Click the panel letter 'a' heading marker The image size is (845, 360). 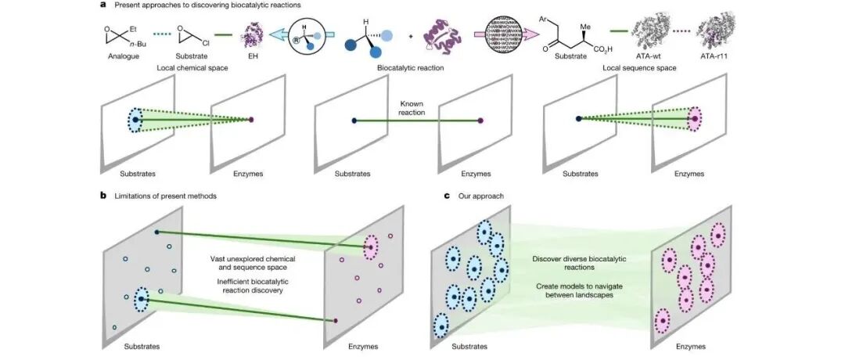click(x=102, y=5)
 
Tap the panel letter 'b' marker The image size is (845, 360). click(x=102, y=195)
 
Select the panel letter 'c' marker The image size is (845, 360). click(x=447, y=195)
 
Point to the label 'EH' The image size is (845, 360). click(x=255, y=57)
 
